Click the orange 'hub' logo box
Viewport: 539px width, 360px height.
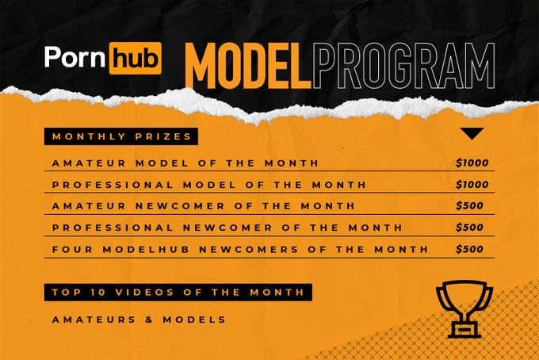click(139, 59)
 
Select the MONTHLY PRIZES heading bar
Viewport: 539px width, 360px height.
click(121, 136)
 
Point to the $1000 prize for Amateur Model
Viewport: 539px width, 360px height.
click(472, 163)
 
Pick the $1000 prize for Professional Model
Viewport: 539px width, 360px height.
click(472, 185)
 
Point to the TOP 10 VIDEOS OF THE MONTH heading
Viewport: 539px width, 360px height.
click(178, 292)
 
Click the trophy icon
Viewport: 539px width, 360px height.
click(465, 308)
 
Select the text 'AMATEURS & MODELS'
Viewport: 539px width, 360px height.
click(139, 320)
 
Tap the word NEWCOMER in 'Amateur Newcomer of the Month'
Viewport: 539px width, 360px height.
click(176, 206)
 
